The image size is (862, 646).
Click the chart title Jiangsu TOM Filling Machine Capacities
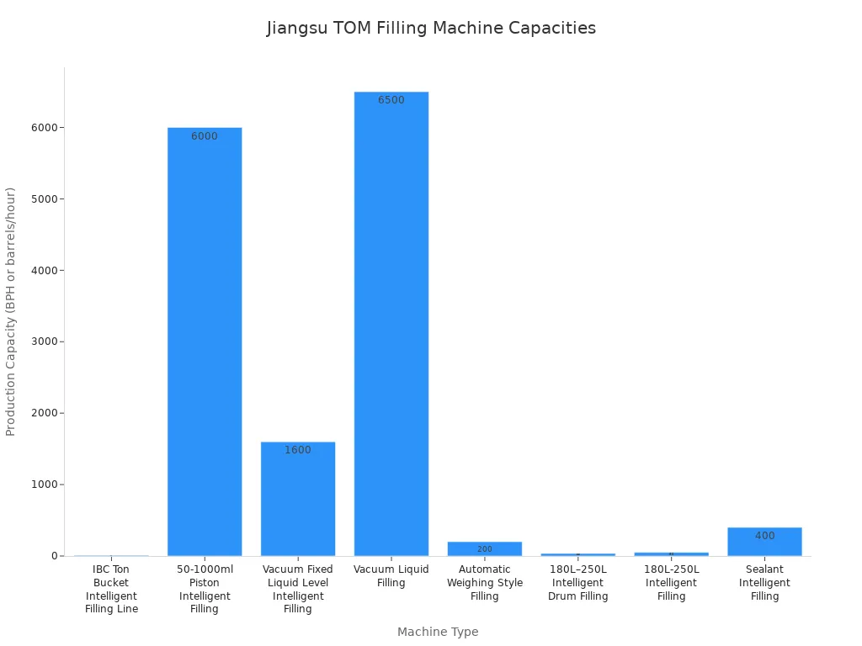(x=431, y=28)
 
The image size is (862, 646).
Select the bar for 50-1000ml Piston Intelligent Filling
(x=205, y=341)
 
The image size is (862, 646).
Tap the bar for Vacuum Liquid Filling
(x=391, y=324)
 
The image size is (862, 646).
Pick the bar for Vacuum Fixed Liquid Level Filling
(x=298, y=499)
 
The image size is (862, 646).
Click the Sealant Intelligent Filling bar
(x=764, y=542)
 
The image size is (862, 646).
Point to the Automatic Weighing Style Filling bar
(x=485, y=548)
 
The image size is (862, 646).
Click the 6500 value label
(x=391, y=100)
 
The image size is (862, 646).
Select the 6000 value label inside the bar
(x=205, y=136)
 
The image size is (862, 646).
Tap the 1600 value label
(x=298, y=450)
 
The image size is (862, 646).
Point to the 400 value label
(x=764, y=536)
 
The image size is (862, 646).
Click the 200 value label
(x=485, y=549)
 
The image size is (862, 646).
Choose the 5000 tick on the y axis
(x=44, y=199)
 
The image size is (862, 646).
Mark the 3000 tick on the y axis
(x=44, y=342)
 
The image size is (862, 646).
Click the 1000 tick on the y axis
(x=44, y=484)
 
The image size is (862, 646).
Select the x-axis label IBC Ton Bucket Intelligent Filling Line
(x=111, y=589)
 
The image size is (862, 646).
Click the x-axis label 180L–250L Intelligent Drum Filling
(x=578, y=583)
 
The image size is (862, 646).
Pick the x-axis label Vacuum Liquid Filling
(x=391, y=576)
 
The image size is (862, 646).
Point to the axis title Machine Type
(x=438, y=632)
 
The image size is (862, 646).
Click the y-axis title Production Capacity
(x=11, y=311)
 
